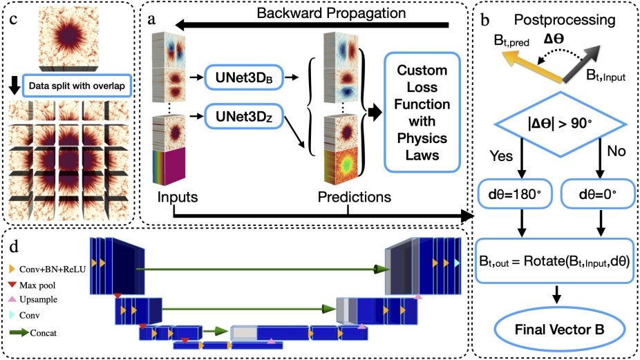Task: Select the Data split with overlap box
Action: click(77, 88)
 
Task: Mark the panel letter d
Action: click(12, 245)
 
